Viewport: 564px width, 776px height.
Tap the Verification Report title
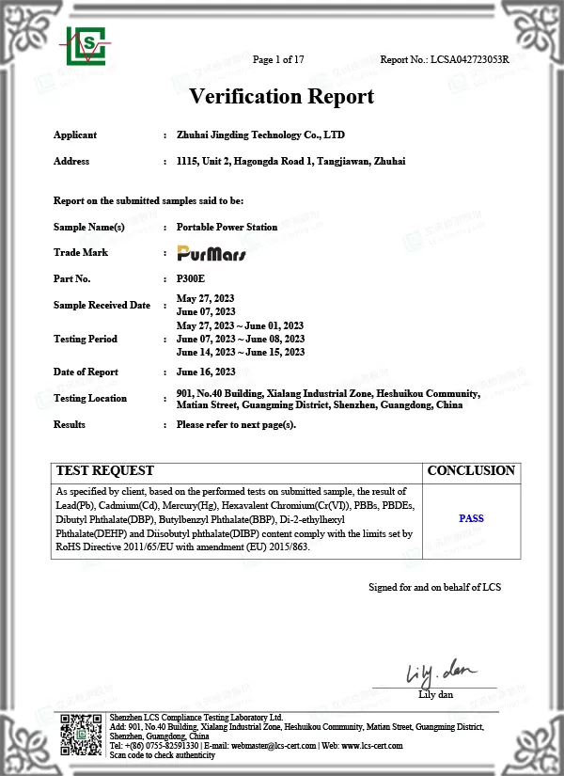click(x=282, y=97)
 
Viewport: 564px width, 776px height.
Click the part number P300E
click(x=190, y=278)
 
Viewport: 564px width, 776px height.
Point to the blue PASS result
click(x=471, y=518)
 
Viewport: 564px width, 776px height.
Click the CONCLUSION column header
click(x=471, y=470)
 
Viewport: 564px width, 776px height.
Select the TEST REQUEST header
click(x=105, y=470)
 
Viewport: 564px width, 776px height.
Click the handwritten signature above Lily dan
click(x=434, y=674)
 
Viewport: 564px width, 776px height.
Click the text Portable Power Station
click(x=227, y=228)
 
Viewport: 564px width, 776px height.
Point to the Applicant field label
click(x=75, y=135)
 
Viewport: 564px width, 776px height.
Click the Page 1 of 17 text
click(x=279, y=60)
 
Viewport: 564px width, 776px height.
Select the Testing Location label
click(x=90, y=399)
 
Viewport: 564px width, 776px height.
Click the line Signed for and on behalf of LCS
click(x=434, y=587)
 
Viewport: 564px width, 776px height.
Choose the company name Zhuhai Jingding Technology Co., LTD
click(x=267, y=135)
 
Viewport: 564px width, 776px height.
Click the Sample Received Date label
click(x=102, y=305)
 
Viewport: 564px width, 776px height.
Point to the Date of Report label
click(x=86, y=372)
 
